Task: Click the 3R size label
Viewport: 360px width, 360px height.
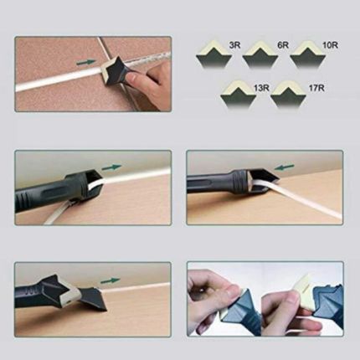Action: tap(234, 45)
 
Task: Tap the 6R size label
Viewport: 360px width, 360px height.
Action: tap(283, 45)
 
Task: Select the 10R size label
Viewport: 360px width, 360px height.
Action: tap(330, 45)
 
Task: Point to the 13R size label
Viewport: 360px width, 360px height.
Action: tap(262, 88)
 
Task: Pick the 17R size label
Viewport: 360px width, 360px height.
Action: tap(316, 88)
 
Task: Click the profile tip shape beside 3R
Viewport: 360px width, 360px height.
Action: tap(214, 55)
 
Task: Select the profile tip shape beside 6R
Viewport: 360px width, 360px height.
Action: tap(260, 55)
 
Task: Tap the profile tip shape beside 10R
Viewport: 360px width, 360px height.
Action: tap(308, 55)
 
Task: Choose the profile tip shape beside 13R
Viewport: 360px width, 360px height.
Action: tap(238, 95)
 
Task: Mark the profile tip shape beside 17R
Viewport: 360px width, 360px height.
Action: tap(288, 95)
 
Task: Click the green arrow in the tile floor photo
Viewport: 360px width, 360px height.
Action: tap(86, 63)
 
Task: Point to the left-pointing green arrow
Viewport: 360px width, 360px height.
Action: tap(285, 167)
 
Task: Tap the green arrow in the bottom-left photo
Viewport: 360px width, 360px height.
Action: tap(111, 280)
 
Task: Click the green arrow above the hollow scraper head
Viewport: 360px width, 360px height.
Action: tap(112, 167)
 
